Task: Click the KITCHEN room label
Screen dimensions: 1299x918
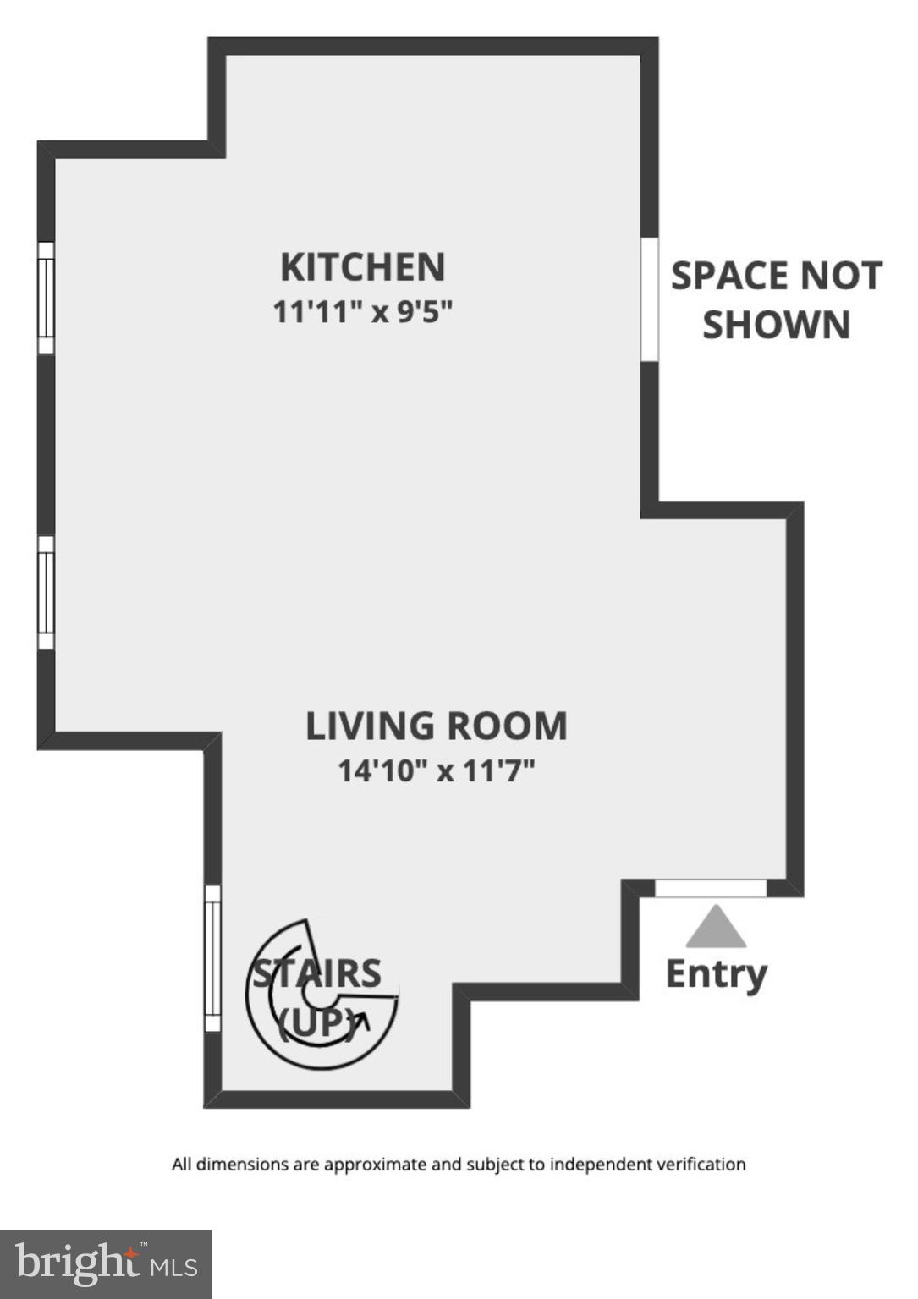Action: tap(362, 267)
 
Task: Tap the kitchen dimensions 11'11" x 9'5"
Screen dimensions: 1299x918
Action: tap(362, 312)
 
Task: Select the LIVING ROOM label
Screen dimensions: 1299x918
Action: tap(436, 726)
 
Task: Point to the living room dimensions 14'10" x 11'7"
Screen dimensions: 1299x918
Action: tap(436, 771)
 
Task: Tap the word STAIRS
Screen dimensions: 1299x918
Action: tap(318, 973)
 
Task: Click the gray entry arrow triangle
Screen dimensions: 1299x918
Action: tap(716, 928)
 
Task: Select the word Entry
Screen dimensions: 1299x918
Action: tap(716, 973)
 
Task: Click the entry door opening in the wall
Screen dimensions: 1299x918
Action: tap(711, 888)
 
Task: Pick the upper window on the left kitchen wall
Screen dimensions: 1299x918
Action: tap(46, 298)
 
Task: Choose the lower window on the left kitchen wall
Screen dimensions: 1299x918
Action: tap(46, 592)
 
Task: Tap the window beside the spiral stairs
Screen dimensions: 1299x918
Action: tap(212, 958)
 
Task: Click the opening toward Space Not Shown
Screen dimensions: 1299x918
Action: tap(650, 299)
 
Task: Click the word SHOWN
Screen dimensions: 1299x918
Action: tap(776, 326)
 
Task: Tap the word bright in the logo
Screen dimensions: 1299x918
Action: tap(78, 1263)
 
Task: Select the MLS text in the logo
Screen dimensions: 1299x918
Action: tap(174, 1267)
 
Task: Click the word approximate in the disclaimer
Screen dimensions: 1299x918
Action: tap(376, 1165)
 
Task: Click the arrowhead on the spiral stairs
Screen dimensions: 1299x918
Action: tap(363, 1021)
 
